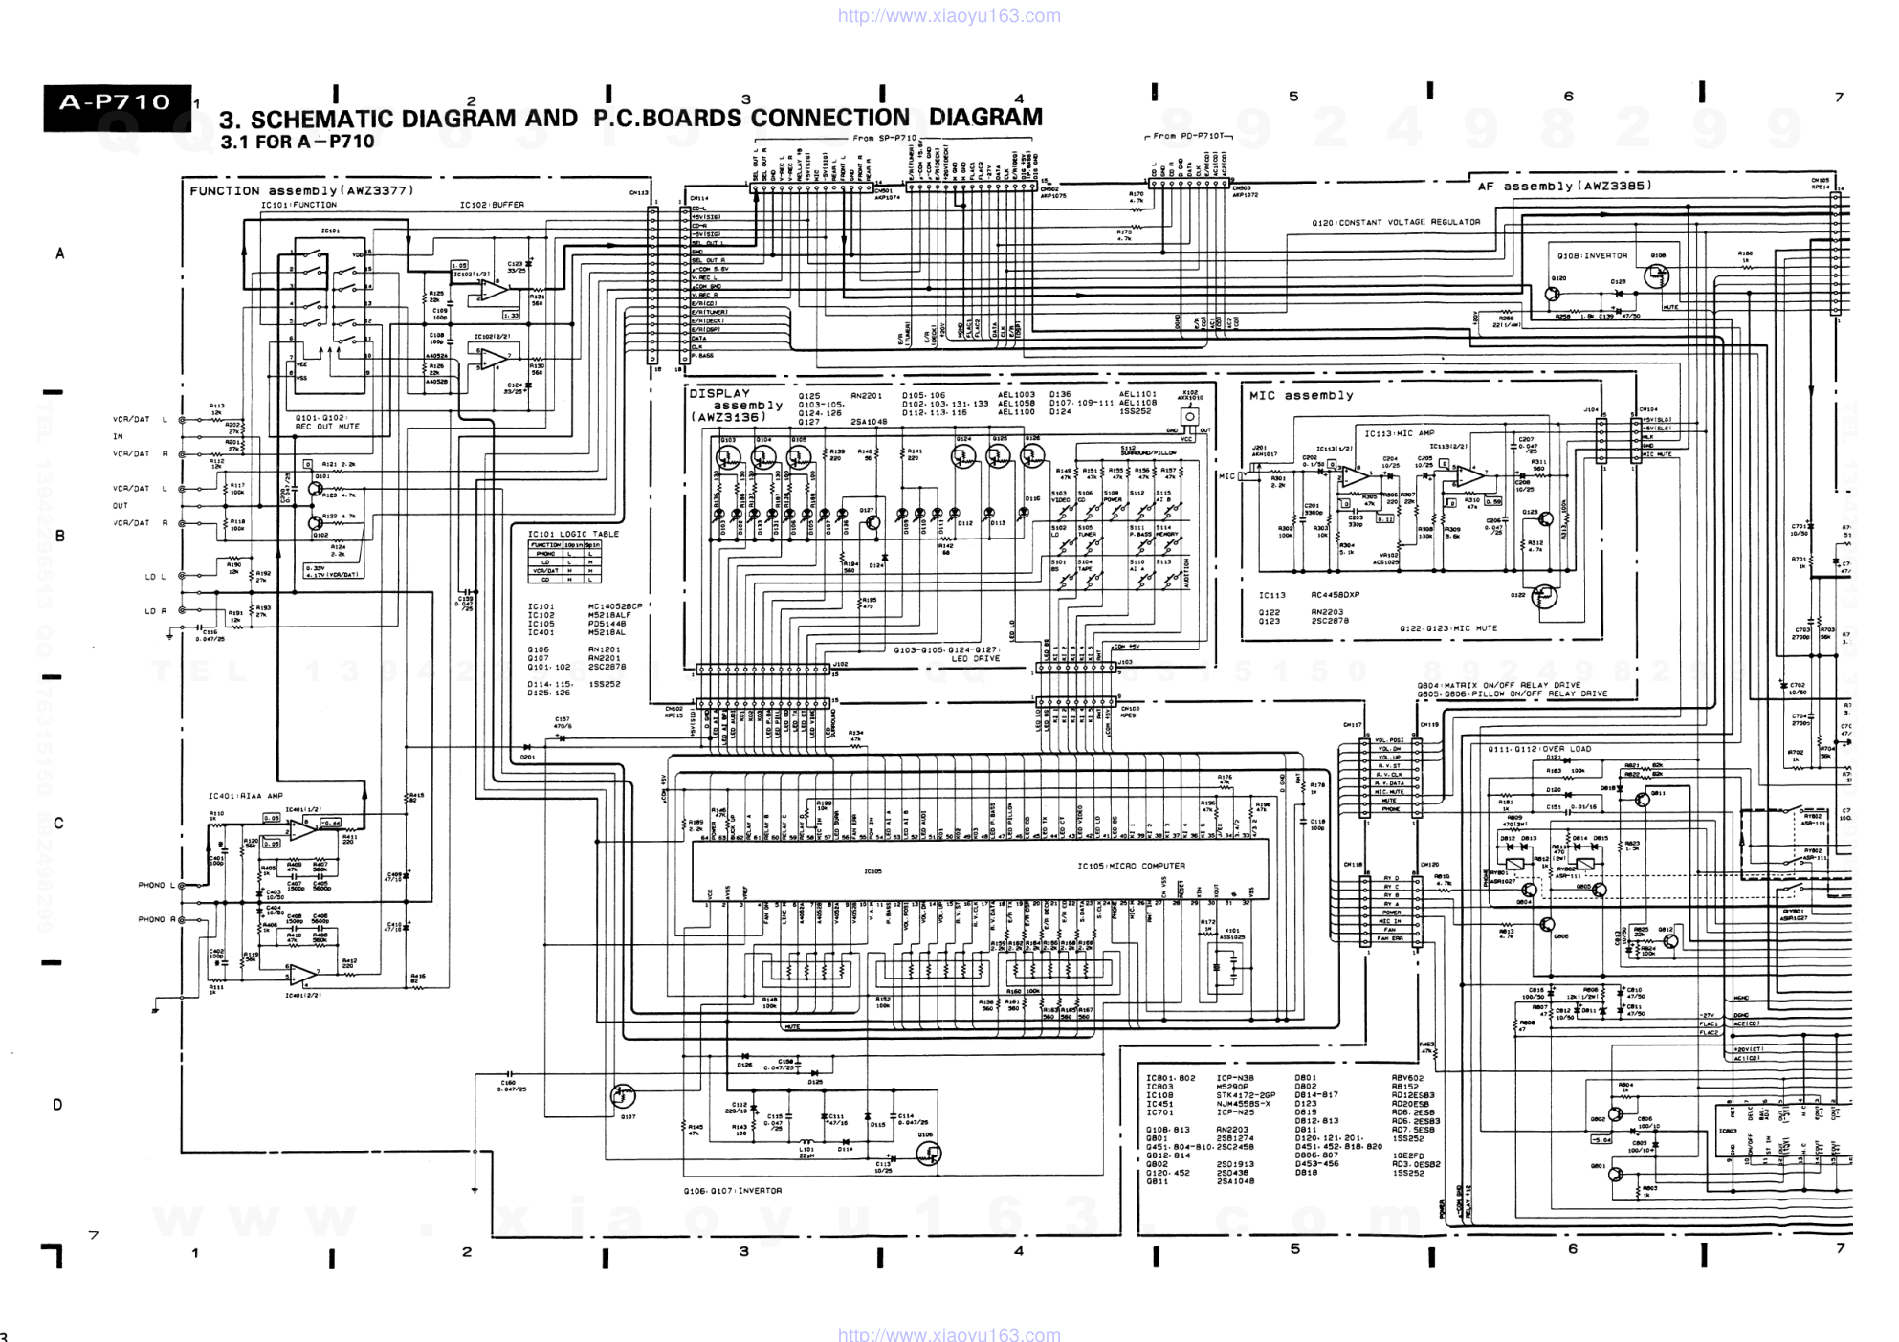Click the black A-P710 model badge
pos(116,102)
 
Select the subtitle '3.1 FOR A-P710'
pos(297,143)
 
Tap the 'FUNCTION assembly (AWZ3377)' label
pos(301,190)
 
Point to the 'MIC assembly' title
pos(1301,395)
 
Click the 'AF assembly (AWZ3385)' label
pos(1564,186)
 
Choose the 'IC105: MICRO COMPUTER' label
pos(1131,866)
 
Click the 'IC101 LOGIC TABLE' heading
pos(573,534)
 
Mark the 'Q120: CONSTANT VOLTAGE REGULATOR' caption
pos(1396,222)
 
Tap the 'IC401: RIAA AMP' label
pos(246,796)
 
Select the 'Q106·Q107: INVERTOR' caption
pos(732,1191)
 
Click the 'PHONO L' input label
pos(157,885)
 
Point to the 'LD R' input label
pos(155,610)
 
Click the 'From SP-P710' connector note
pos(884,138)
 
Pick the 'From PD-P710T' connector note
pos(1189,137)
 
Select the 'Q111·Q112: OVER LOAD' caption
pos(1539,749)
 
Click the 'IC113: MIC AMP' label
pos(1399,433)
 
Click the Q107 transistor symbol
pos(623,1096)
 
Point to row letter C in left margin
pos(59,823)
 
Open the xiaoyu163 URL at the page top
pos(949,15)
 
